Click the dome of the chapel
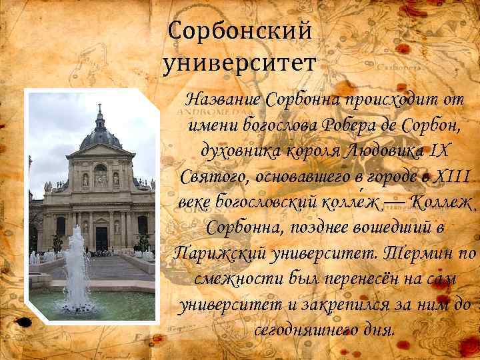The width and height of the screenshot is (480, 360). (101, 137)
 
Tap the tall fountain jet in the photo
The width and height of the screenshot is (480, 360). (77, 267)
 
